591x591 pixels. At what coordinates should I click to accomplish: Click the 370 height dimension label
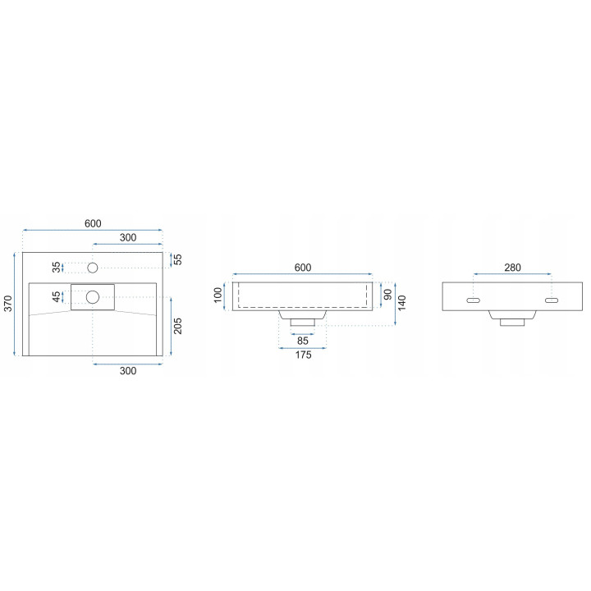(8, 304)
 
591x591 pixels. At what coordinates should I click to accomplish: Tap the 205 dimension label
(177, 326)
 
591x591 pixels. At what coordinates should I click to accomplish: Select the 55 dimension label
(177, 259)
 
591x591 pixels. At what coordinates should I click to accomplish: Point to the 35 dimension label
(56, 268)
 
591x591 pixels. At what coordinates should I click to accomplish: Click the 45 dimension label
(56, 296)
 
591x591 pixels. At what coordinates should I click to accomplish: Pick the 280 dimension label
(512, 268)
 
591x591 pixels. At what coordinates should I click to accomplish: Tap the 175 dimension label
(303, 355)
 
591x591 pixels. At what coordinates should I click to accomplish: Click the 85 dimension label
(303, 341)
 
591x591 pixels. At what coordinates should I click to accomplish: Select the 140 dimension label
(401, 303)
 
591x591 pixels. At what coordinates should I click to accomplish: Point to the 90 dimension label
(387, 295)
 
